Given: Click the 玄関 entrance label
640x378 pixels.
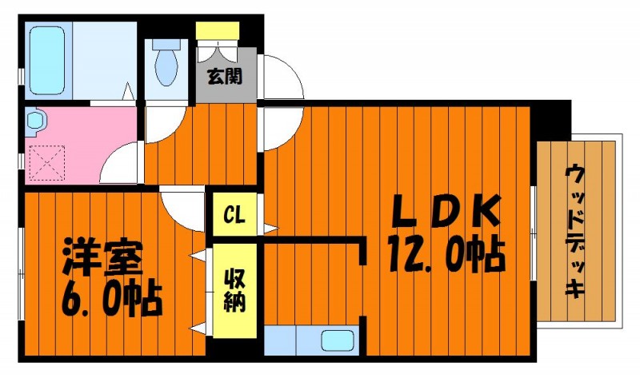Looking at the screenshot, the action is click(x=225, y=76).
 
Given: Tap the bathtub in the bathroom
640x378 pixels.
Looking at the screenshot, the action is click(x=48, y=61).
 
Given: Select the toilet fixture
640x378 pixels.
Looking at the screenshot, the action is click(x=166, y=62).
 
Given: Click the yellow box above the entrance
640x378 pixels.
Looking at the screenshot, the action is click(x=217, y=31).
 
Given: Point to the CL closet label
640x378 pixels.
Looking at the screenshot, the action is click(x=234, y=214).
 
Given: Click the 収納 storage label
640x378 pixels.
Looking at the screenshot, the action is click(x=234, y=291).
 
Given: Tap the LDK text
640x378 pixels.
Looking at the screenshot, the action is click(x=446, y=211).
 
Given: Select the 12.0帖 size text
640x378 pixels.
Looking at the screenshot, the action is click(x=446, y=253).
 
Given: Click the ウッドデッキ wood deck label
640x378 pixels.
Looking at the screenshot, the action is click(x=575, y=231).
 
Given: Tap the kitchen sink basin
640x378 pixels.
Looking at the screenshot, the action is click(x=337, y=340).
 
